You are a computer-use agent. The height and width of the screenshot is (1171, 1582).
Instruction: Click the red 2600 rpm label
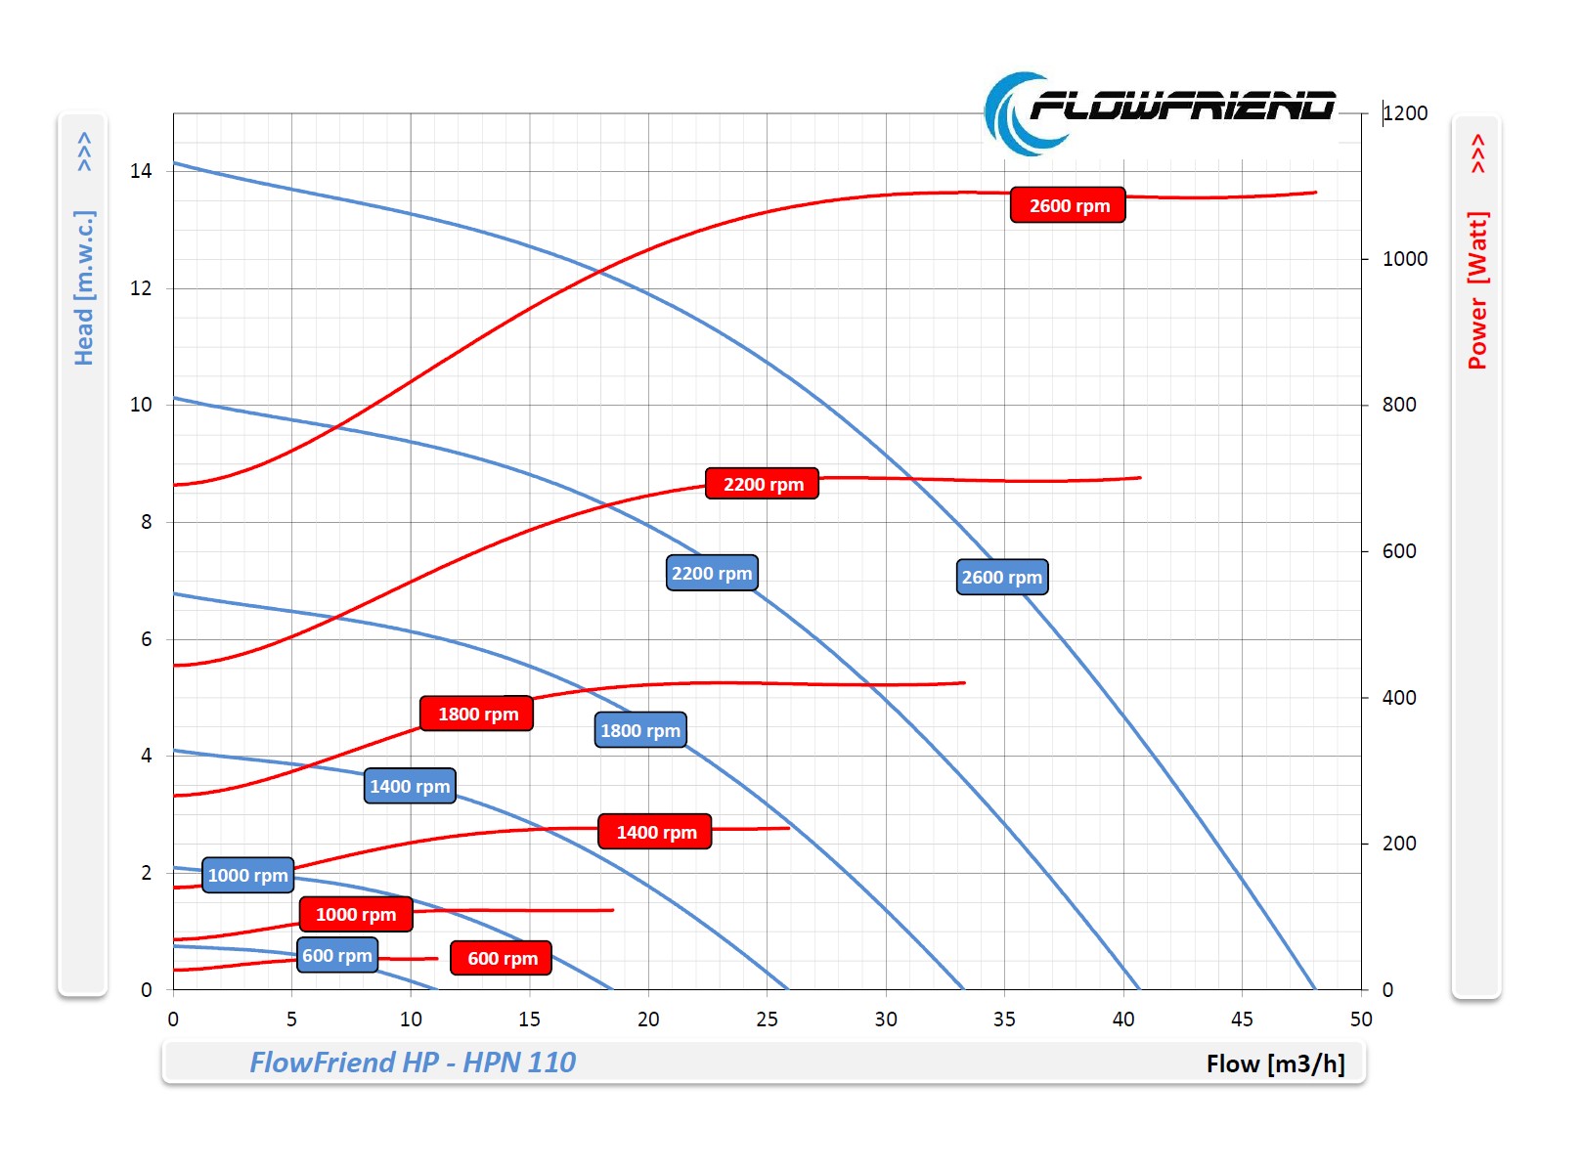1068,205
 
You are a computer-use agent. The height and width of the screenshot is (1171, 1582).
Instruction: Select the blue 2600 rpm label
1001,577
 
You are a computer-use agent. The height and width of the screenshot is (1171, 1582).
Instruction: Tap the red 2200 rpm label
762,484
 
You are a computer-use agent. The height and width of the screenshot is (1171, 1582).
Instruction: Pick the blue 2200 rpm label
712,573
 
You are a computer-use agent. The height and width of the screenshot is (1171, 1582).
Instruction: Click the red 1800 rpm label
477,714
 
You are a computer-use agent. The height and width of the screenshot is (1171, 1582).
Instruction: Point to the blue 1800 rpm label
640,730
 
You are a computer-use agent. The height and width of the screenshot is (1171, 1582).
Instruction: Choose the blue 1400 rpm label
410,786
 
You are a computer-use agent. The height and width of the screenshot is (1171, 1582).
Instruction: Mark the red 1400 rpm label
655,832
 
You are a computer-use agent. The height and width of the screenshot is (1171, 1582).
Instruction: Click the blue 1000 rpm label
247,875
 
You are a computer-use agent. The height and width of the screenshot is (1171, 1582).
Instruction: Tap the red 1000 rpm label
356,914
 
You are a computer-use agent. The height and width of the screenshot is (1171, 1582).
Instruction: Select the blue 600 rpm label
337,955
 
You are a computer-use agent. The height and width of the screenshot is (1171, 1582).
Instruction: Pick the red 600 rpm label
502,958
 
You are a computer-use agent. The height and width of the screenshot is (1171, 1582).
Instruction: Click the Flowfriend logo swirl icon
1017,114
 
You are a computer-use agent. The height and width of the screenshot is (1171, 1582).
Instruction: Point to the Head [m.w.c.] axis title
84,287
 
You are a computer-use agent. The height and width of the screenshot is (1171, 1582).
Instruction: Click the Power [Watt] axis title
1476,290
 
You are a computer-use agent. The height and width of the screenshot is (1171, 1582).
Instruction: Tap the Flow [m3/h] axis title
1275,1063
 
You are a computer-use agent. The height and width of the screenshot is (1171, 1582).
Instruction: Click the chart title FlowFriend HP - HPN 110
413,1063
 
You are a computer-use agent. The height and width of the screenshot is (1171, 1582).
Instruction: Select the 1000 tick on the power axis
1404,259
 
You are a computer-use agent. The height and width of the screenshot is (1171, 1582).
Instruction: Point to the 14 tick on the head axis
141,171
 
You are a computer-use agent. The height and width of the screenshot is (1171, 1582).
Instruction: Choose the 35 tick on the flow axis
1004,1019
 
